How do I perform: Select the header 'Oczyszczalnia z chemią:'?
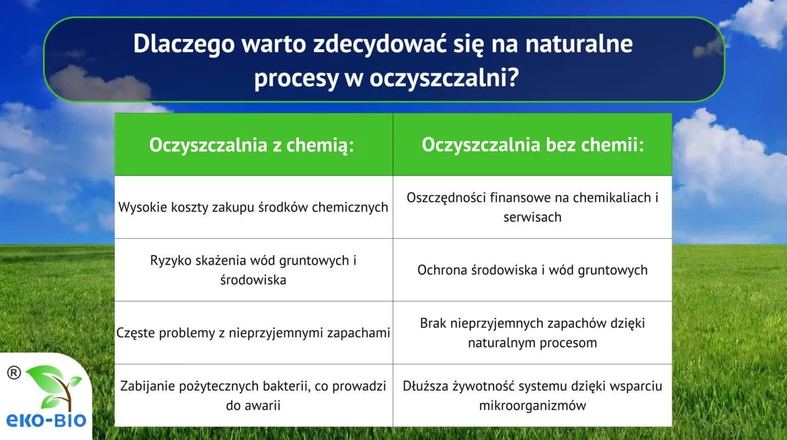click(252, 145)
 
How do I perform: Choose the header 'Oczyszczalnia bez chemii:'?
click(533, 145)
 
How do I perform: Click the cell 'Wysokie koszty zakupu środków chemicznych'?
click(253, 208)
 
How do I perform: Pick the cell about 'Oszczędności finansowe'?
click(532, 208)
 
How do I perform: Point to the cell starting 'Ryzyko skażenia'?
click(253, 270)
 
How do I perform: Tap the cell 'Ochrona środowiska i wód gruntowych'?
click(532, 270)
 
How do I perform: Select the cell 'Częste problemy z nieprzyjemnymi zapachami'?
click(253, 333)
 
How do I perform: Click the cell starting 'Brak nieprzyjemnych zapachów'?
click(532, 333)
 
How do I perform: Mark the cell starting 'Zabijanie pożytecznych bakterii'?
click(253, 396)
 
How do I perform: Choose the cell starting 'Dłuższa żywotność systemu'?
click(532, 396)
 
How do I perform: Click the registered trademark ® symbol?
click(14, 373)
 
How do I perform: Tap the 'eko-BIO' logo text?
click(47, 420)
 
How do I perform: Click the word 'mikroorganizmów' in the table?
click(532, 406)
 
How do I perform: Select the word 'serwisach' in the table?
click(532, 217)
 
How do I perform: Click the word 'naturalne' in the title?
click(579, 44)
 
